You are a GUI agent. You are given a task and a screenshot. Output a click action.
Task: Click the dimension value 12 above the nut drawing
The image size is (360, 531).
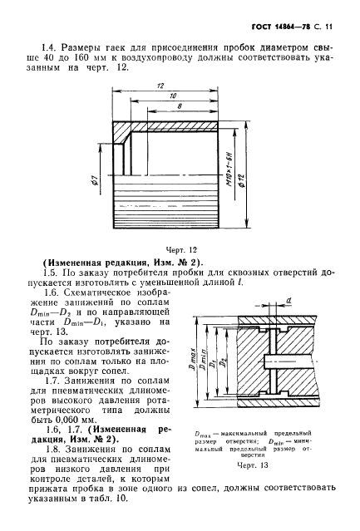click(x=159, y=86)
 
